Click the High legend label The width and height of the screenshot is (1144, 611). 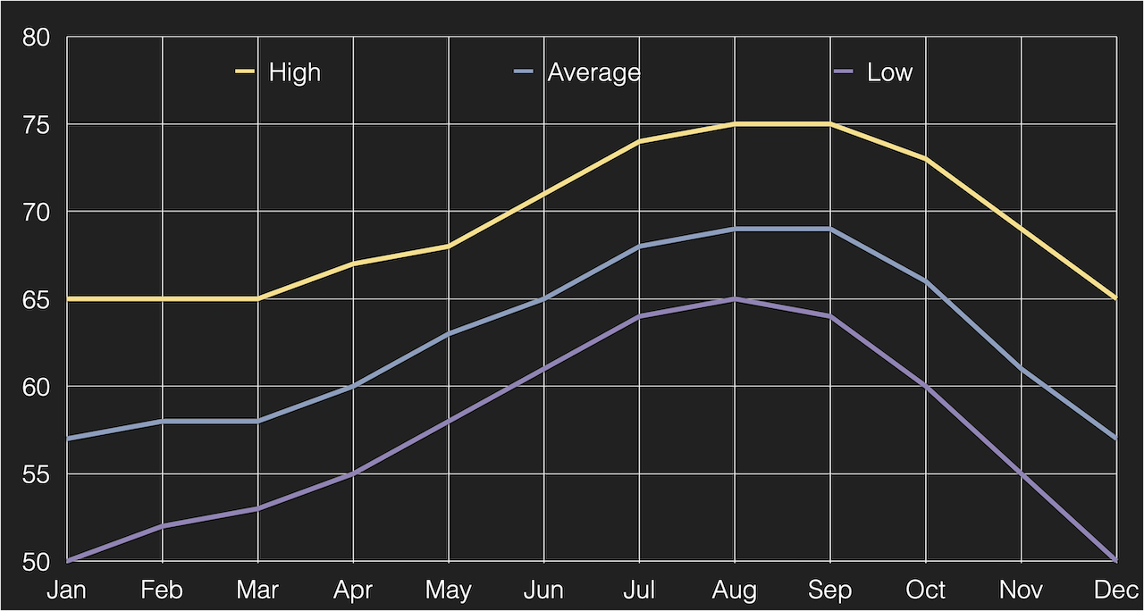(x=294, y=72)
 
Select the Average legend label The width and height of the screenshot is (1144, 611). (x=593, y=72)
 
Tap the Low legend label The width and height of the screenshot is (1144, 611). (x=889, y=72)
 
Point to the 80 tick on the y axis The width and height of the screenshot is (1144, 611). (x=38, y=38)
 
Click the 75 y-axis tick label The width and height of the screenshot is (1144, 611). (x=38, y=125)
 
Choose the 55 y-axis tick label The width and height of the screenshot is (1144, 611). (x=38, y=474)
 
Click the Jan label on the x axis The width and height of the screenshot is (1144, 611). (x=67, y=590)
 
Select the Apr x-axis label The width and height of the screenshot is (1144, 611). (x=353, y=590)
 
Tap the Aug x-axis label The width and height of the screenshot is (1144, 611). (x=735, y=590)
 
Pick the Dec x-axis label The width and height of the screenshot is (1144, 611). (x=1115, y=590)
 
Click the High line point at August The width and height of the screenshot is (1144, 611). (x=735, y=124)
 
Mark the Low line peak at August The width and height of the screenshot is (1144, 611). (x=735, y=298)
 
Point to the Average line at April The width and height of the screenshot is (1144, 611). (x=353, y=386)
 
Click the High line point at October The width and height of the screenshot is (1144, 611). (x=926, y=159)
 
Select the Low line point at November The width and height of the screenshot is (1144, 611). (x=1021, y=473)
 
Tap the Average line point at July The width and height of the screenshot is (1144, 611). (x=639, y=247)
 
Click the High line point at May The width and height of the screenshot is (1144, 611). (x=449, y=246)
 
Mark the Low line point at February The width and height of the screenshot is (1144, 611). (x=163, y=526)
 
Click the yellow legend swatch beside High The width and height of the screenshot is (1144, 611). (x=245, y=71)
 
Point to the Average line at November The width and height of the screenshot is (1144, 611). (x=1021, y=368)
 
